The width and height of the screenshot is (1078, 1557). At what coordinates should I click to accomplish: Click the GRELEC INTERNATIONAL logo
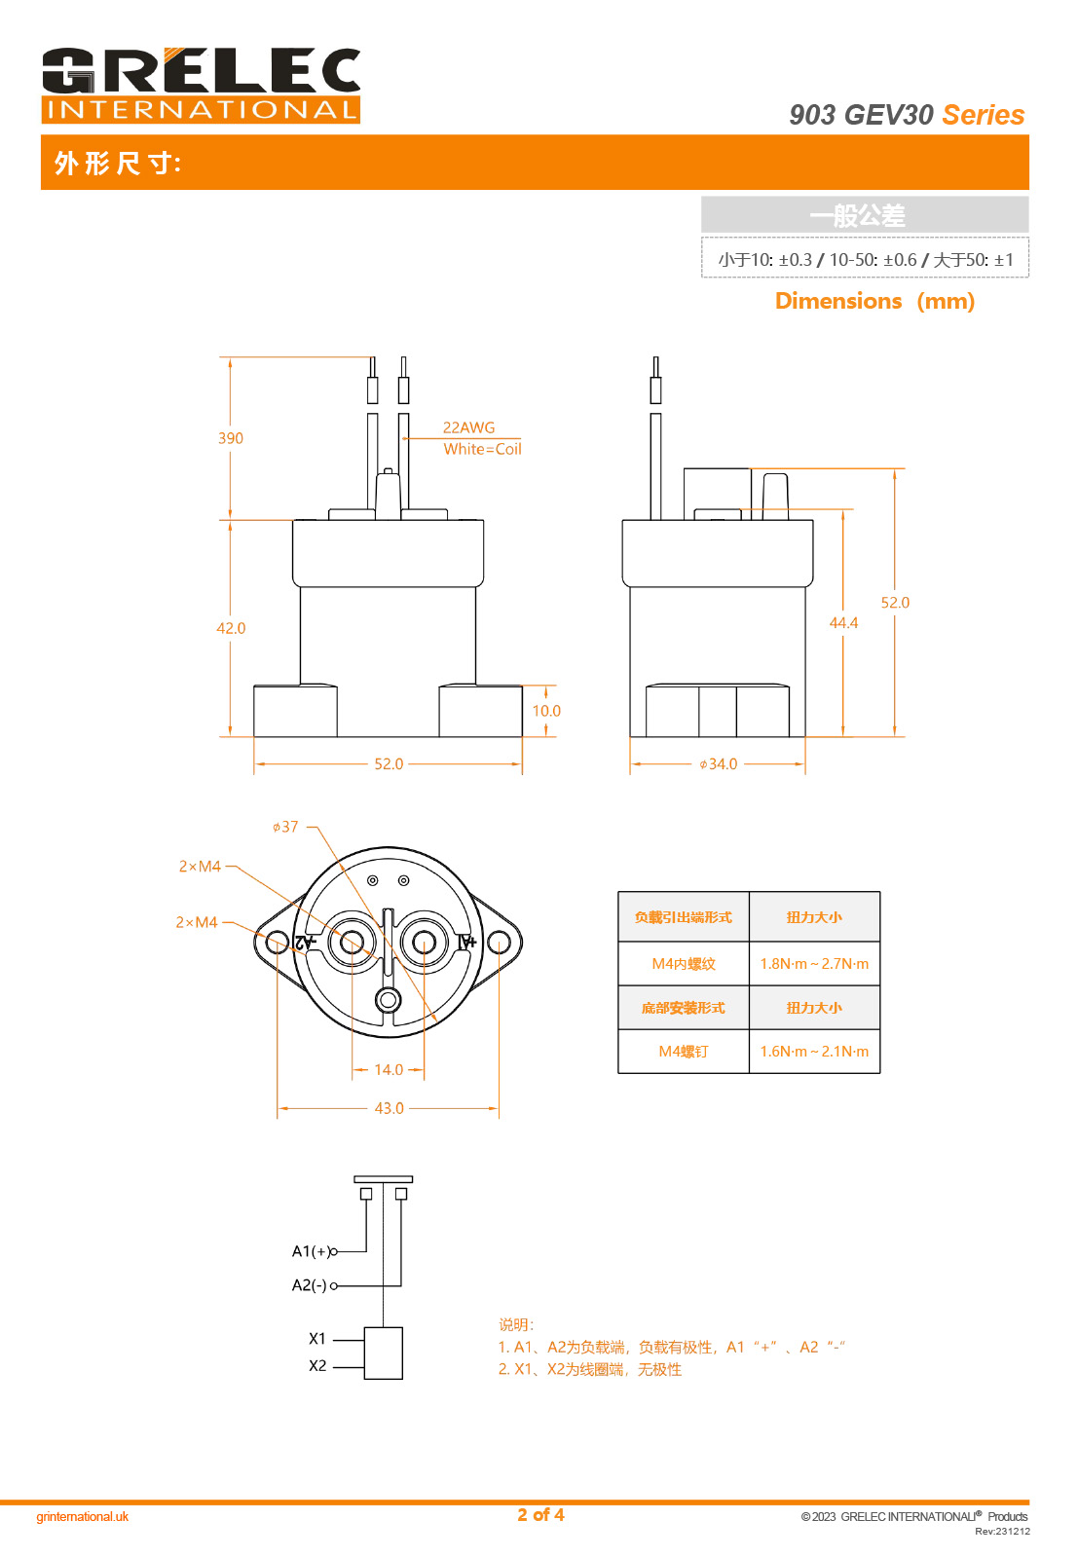point(201,86)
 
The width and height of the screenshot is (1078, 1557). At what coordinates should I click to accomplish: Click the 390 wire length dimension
point(231,438)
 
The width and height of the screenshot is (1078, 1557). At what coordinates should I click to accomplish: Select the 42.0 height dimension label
point(231,628)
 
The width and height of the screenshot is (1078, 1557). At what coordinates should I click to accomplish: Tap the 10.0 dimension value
point(546,711)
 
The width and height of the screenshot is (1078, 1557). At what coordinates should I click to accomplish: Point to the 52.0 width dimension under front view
point(389,764)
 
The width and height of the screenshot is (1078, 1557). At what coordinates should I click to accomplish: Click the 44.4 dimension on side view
point(843,623)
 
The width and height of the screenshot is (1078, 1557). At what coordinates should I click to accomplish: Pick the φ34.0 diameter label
point(719,764)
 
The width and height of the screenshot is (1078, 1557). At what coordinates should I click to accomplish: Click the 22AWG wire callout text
point(468,427)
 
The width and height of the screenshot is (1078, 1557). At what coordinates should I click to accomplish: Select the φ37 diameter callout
point(285,827)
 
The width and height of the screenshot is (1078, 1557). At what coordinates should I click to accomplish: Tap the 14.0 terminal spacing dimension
point(389,1070)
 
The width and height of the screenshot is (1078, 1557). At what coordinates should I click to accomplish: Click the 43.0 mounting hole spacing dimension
point(389,1108)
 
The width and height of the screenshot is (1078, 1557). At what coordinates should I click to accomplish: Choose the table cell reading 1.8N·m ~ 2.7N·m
point(814,964)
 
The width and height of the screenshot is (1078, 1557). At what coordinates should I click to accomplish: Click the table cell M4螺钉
point(684,1052)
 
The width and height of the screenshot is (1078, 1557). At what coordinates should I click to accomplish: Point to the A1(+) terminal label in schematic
point(312,1251)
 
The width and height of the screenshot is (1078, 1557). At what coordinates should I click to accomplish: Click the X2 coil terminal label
point(317,1366)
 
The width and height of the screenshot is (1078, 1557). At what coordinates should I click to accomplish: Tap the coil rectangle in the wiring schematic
point(383,1353)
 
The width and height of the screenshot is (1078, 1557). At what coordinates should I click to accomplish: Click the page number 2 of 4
point(540,1515)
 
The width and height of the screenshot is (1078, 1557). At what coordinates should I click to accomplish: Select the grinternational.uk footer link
point(83,1516)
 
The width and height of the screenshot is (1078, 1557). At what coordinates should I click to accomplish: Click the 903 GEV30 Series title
point(907,115)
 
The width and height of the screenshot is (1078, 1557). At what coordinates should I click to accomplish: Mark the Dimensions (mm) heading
point(874,301)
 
